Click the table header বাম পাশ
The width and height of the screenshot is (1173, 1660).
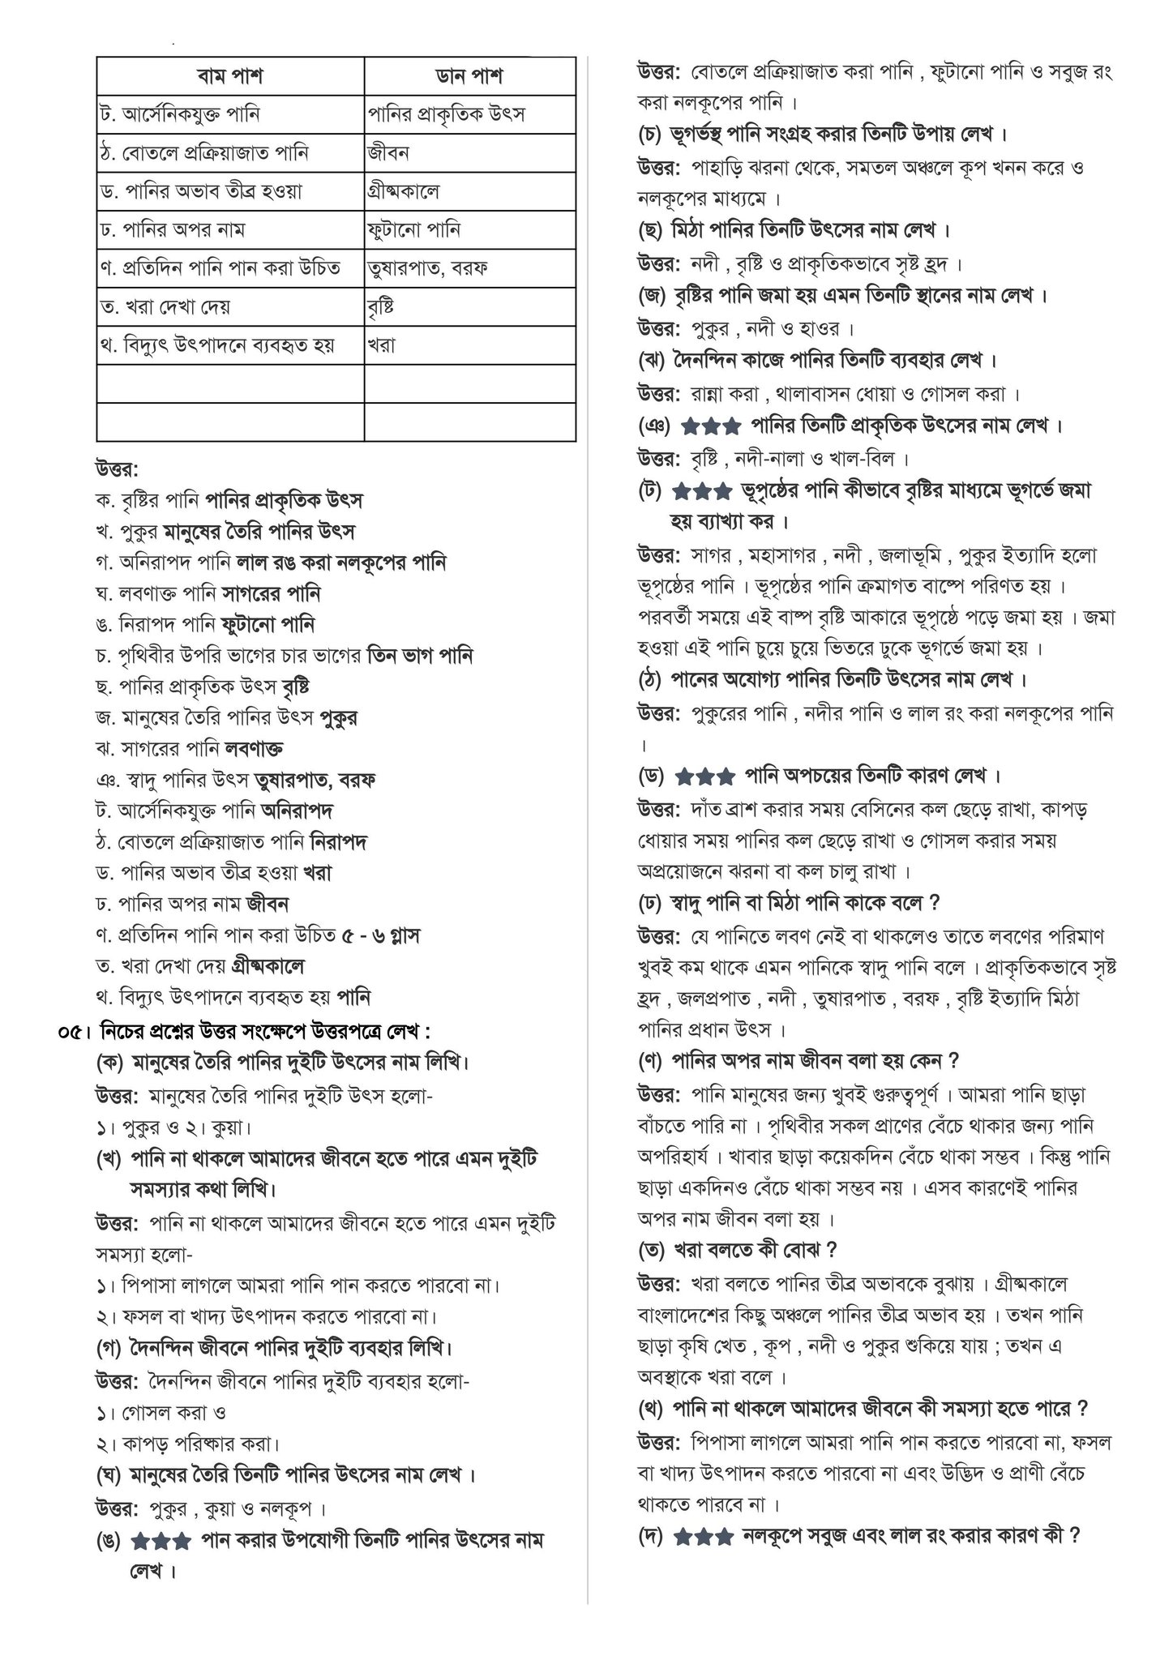[x=230, y=76]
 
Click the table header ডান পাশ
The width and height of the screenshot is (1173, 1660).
[x=469, y=76]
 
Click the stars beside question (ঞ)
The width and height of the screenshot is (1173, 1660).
[x=710, y=426]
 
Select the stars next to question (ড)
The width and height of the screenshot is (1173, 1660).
[x=705, y=776]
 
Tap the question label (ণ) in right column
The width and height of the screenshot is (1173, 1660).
[x=651, y=1061]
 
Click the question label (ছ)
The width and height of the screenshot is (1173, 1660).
[x=650, y=230]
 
